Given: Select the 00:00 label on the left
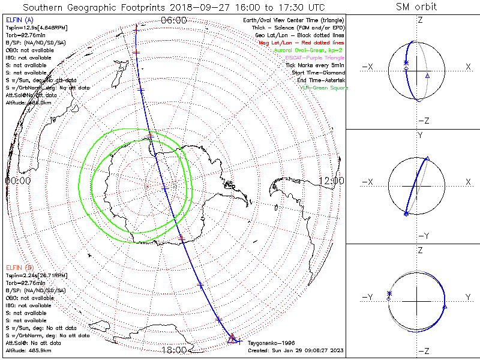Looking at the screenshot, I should click(18, 180).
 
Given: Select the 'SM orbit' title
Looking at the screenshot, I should click(416, 7).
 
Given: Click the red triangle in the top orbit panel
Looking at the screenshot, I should click(427, 76).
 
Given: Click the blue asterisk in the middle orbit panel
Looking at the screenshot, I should click(406, 213).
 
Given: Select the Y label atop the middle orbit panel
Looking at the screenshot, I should click(420, 136).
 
